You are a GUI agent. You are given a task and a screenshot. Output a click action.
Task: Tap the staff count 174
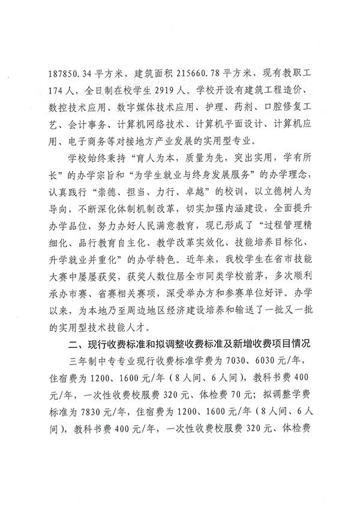pyautogui.click(x=57, y=95)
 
